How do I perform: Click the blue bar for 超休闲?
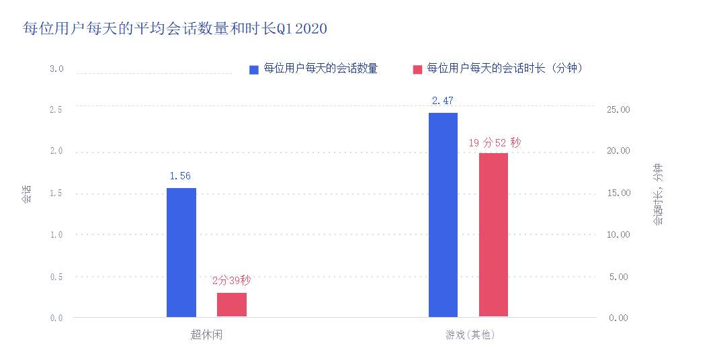pyautogui.click(x=181, y=252)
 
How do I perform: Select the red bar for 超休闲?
pyautogui.click(x=232, y=304)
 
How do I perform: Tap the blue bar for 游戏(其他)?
pyautogui.click(x=443, y=214)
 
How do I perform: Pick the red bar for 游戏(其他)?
pyautogui.click(x=493, y=234)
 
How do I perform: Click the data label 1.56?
pyautogui.click(x=180, y=176)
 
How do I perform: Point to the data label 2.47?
pyautogui.click(x=443, y=101)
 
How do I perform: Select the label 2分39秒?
pyautogui.click(x=231, y=281)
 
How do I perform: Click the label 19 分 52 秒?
pyautogui.click(x=494, y=142)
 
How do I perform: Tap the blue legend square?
pyautogui.click(x=253, y=69)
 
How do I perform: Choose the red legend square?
pyautogui.click(x=417, y=69)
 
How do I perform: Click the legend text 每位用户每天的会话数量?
pyautogui.click(x=321, y=69)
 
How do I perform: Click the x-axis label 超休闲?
pyautogui.click(x=206, y=334)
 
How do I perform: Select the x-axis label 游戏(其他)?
pyautogui.click(x=470, y=334)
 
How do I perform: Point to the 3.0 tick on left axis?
pyautogui.click(x=56, y=69)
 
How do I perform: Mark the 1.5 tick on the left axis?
pyautogui.click(x=56, y=193)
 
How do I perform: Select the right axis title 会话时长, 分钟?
pyautogui.click(x=658, y=194)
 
